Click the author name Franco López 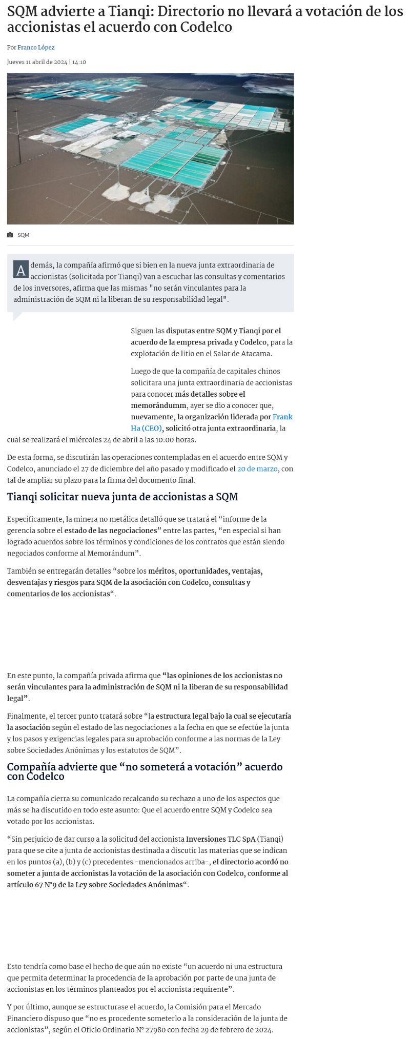(36, 47)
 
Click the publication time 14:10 (79, 62)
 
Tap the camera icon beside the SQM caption (10, 235)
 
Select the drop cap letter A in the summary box (21, 270)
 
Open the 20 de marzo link (257, 468)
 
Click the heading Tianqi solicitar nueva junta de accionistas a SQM (122, 497)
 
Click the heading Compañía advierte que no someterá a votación (145, 771)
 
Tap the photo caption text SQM (24, 235)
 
